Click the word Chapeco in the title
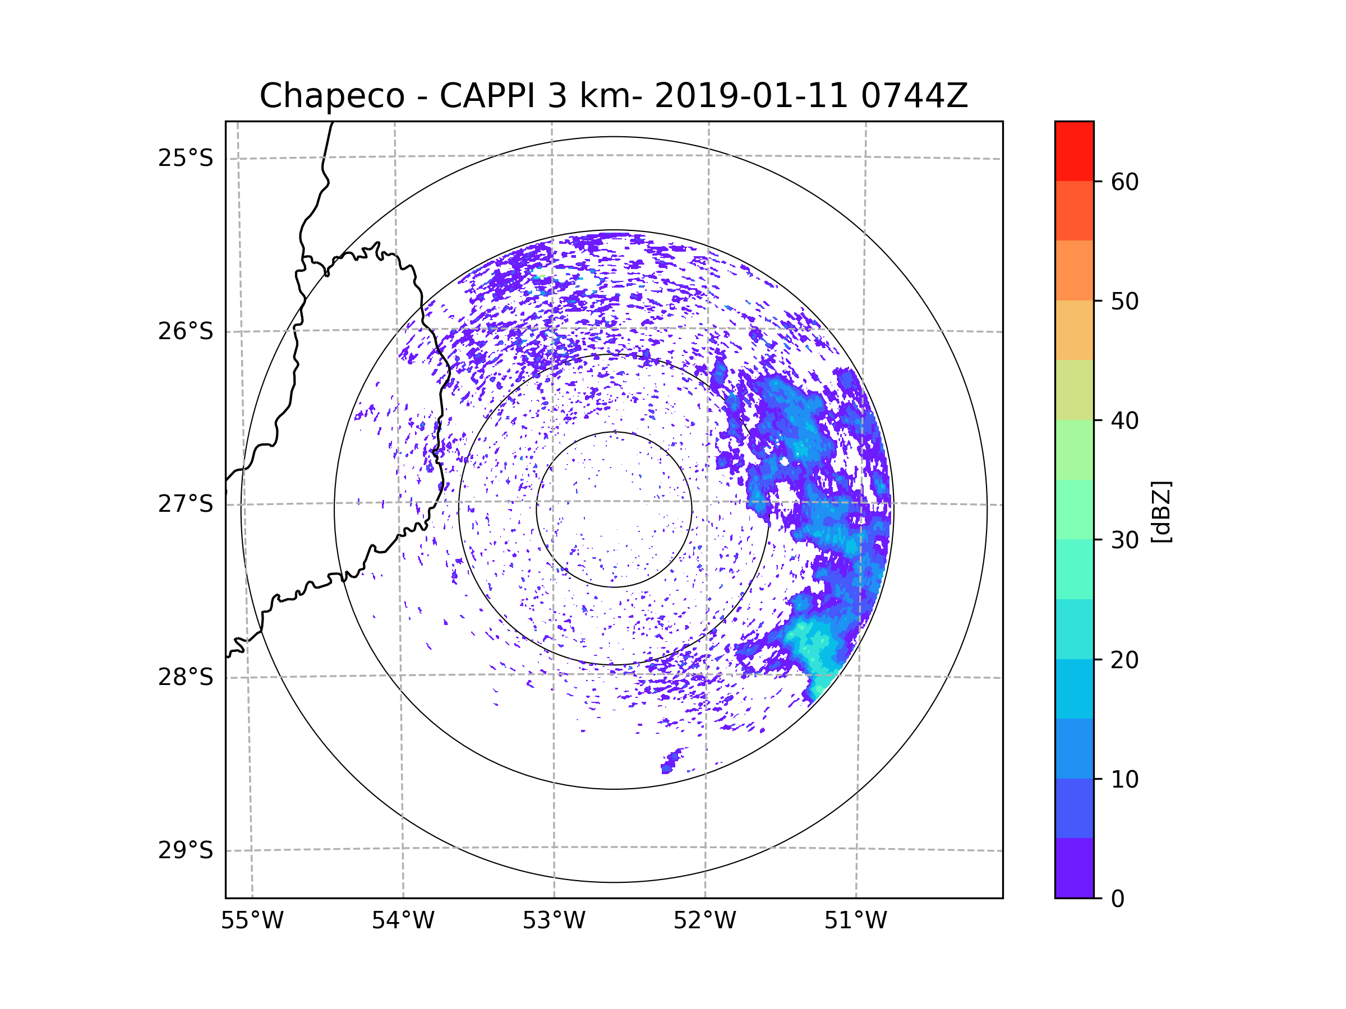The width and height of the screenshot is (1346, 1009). (x=331, y=96)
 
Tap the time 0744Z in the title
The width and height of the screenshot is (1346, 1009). (x=914, y=96)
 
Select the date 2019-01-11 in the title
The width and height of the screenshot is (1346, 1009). (x=750, y=96)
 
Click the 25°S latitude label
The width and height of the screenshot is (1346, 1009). (x=186, y=158)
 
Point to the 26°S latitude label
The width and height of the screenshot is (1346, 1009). (x=186, y=331)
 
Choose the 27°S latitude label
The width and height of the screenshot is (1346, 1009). (x=186, y=504)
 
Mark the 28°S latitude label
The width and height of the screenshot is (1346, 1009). (x=186, y=677)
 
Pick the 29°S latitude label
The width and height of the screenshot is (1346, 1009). (x=186, y=850)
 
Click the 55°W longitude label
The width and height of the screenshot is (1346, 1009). (x=252, y=921)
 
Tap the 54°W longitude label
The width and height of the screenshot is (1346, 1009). (x=403, y=921)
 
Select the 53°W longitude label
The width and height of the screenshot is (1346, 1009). (x=554, y=921)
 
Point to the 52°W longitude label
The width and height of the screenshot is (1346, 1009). (x=704, y=921)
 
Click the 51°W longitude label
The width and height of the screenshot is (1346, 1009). (x=855, y=921)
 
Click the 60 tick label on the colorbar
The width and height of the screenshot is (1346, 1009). (x=1124, y=182)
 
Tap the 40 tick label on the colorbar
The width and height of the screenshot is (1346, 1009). (x=1124, y=421)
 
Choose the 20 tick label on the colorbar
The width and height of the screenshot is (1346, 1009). (x=1124, y=660)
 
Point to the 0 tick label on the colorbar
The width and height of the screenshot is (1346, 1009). (x=1118, y=899)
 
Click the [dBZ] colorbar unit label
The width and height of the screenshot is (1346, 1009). (x=1161, y=511)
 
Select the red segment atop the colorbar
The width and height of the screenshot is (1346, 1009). (x=1074, y=151)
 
